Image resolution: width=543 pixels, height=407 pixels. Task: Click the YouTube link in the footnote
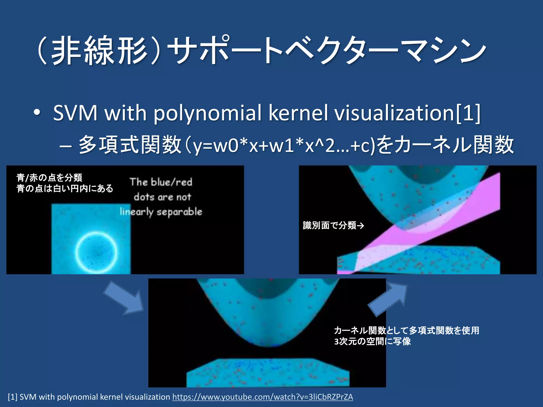[x=262, y=397]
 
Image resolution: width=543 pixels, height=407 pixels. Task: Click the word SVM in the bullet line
[x=75, y=113]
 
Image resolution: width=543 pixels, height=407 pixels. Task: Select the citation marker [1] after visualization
[x=468, y=113]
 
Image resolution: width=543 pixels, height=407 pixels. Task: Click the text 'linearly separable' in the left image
[x=161, y=212]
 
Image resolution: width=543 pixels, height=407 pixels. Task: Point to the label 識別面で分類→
[x=333, y=225]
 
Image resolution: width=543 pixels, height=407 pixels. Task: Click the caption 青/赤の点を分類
[x=49, y=178]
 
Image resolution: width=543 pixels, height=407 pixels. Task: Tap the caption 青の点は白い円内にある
[x=65, y=188]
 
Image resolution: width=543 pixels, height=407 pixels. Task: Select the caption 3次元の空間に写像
[x=372, y=342]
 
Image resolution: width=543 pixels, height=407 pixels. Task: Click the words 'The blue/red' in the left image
[x=161, y=182]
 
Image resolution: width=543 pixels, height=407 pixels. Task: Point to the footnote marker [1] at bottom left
[x=12, y=397]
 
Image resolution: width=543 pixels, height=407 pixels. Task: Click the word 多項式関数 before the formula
[x=130, y=145]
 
